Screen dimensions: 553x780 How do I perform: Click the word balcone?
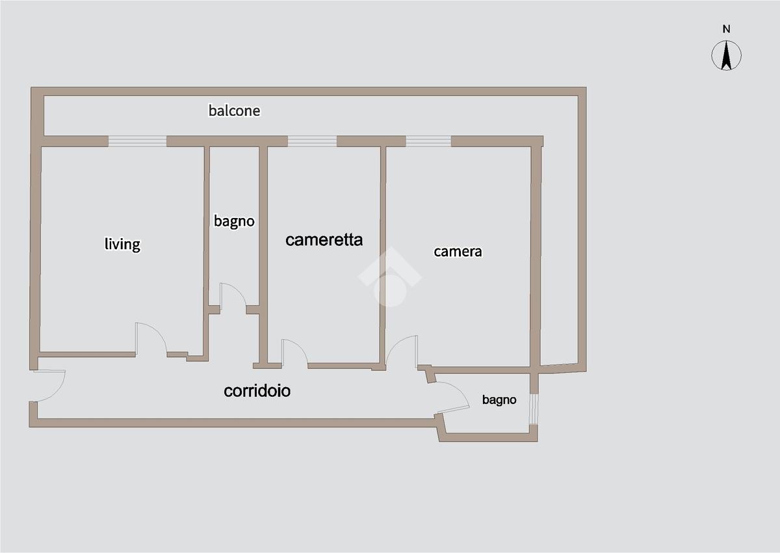234,111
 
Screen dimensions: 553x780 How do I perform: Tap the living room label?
122,244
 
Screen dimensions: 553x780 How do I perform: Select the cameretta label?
324,239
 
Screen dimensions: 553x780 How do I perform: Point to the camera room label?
458,251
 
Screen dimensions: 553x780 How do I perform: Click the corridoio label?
257,391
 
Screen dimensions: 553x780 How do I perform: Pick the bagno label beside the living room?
234,221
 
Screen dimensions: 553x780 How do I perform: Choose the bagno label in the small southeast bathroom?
499,400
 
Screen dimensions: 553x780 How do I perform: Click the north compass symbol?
727,55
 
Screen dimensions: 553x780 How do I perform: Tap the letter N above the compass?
727,29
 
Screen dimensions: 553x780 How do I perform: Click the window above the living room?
137,141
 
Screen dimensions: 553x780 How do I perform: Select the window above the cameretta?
312,141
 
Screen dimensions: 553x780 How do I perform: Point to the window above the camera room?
428,141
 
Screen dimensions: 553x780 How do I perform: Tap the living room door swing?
150,338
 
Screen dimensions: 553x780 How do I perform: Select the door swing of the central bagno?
233,297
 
